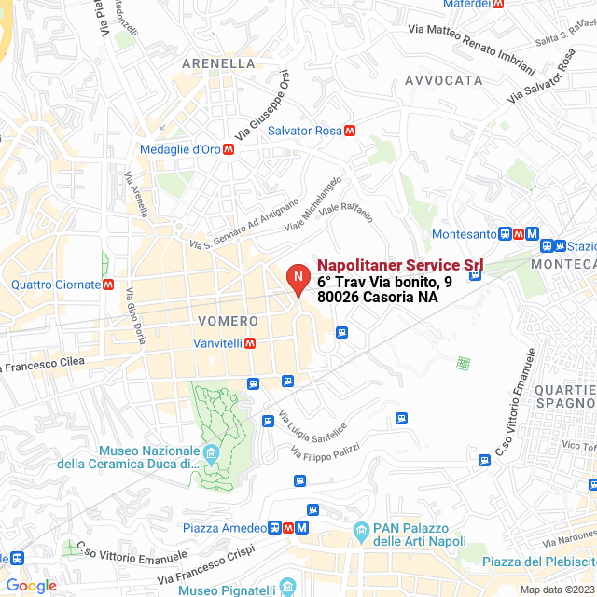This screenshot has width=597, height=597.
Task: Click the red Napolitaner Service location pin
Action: click(x=298, y=279)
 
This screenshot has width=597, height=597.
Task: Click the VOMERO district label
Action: click(x=221, y=321)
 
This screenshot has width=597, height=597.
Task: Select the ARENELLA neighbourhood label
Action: click(x=218, y=63)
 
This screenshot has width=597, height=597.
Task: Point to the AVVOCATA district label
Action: click(x=443, y=80)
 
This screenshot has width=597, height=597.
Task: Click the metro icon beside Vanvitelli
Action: click(x=250, y=342)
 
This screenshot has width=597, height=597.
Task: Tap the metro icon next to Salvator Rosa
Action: click(x=350, y=131)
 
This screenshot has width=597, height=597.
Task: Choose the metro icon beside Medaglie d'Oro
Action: click(x=229, y=149)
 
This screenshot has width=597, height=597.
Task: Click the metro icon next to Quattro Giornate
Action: click(x=109, y=285)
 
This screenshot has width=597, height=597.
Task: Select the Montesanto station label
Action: click(x=465, y=234)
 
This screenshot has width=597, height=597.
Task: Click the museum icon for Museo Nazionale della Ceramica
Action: click(x=211, y=455)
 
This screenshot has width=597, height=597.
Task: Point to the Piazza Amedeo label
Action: click(x=224, y=528)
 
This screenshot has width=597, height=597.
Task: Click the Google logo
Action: click(x=31, y=586)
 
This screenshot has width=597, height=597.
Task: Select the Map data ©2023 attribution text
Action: click(x=556, y=590)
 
